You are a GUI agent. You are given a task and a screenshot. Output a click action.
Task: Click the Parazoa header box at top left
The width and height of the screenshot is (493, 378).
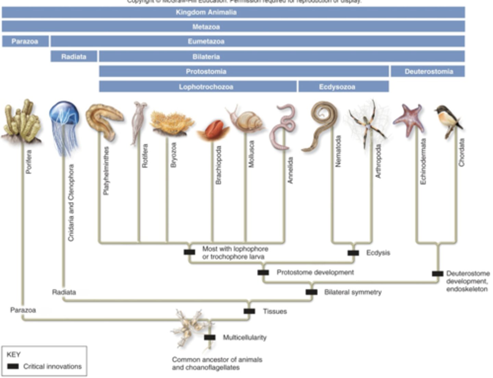click(25, 41)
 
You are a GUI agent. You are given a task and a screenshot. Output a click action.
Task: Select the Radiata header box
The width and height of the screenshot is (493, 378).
click(74, 57)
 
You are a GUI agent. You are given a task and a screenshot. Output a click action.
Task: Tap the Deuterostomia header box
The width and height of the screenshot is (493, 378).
click(428, 72)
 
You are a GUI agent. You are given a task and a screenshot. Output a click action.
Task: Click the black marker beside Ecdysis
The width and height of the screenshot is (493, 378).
click(353, 253)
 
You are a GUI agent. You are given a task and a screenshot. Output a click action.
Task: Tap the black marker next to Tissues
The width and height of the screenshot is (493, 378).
click(249, 311)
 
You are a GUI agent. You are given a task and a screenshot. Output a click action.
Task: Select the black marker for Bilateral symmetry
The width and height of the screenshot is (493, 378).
click(311, 292)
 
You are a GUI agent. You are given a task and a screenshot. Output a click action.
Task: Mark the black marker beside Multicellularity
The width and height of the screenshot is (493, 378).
click(210, 338)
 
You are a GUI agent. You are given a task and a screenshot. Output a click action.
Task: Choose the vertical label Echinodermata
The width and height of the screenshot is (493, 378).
click(424, 161)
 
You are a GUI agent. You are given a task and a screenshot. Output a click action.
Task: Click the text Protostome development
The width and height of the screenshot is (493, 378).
click(315, 272)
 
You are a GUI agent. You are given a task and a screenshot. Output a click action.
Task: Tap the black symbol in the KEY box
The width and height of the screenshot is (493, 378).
click(13, 366)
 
